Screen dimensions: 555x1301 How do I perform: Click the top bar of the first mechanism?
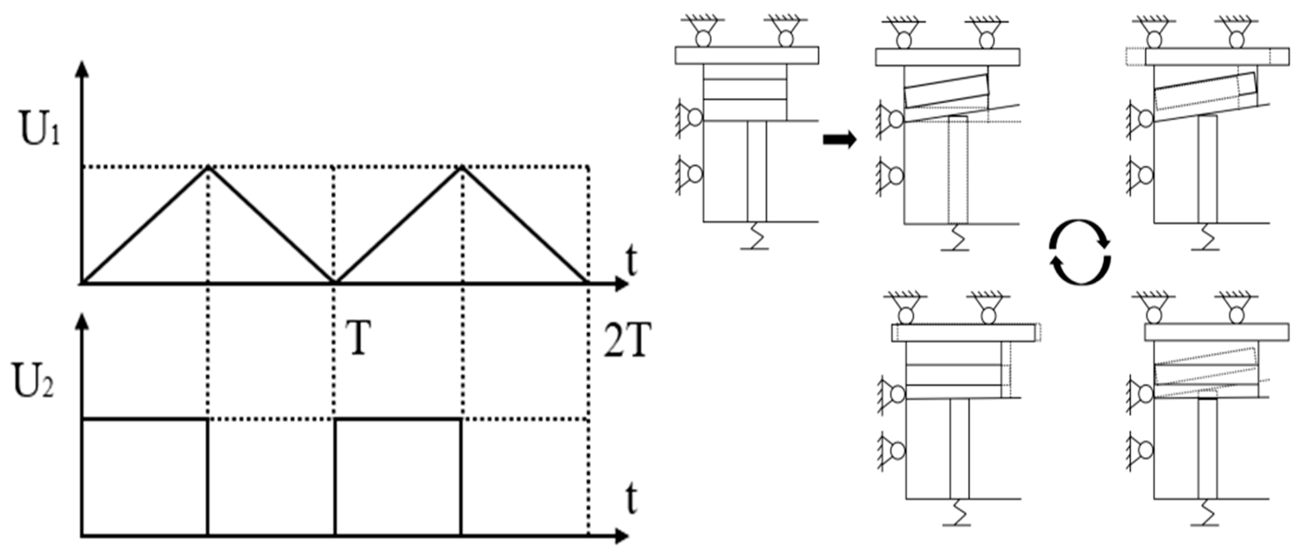(747, 55)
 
